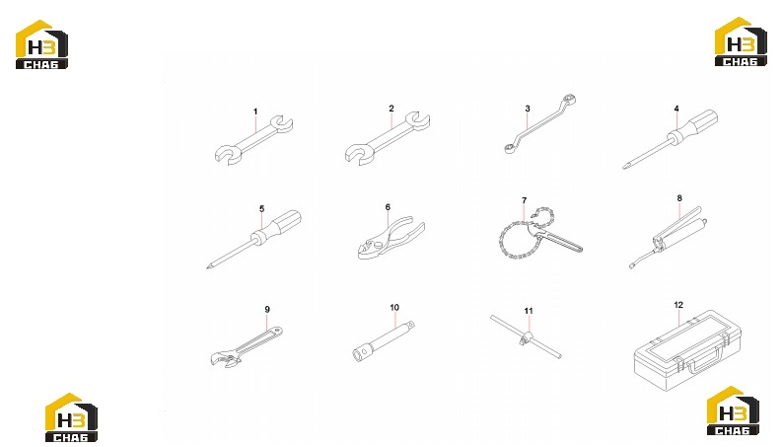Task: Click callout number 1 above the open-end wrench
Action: (x=255, y=112)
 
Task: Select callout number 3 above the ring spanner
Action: (x=528, y=109)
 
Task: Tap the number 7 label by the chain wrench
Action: (x=525, y=200)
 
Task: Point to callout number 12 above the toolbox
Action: (x=678, y=305)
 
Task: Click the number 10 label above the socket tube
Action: (x=394, y=307)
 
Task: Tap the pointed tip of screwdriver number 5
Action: (x=207, y=268)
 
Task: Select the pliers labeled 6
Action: (x=391, y=238)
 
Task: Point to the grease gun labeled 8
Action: (x=669, y=237)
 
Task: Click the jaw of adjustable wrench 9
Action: (x=225, y=358)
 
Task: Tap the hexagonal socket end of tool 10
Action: (x=361, y=355)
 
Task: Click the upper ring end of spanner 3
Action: (x=569, y=99)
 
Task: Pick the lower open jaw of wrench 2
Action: (x=358, y=154)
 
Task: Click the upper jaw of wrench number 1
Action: (x=281, y=124)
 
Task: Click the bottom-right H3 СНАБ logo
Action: (x=733, y=410)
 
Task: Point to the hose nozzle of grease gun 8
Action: (x=632, y=265)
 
